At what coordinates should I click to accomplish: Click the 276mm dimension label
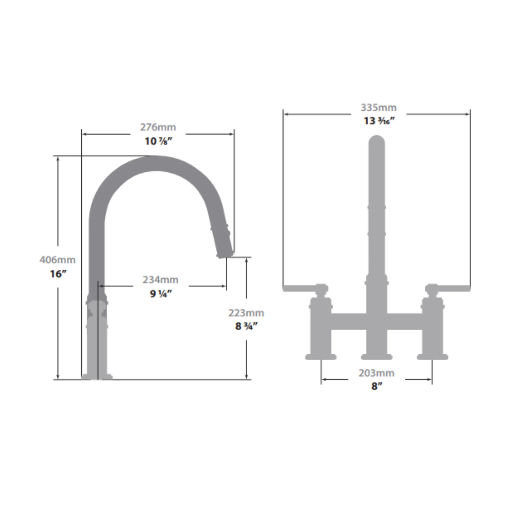158,127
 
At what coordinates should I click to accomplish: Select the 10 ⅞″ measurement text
158,141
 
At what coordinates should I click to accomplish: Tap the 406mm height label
58,260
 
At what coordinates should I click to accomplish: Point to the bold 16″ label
58,274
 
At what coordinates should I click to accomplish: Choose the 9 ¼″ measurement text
161,294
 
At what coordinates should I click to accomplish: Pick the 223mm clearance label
246,313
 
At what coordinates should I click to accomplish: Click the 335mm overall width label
379,108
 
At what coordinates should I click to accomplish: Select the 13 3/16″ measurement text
379,121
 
